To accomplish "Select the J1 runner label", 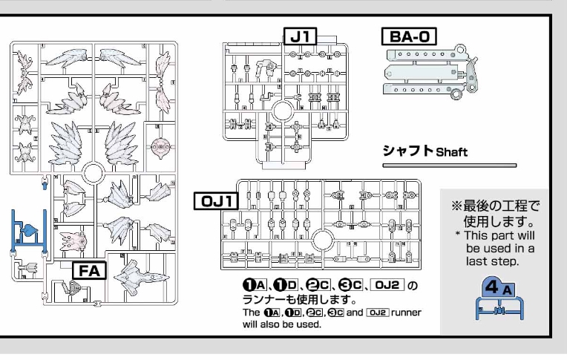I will click(x=305, y=35).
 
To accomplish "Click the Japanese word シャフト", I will click(x=408, y=150).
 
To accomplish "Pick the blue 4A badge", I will click(x=489, y=285).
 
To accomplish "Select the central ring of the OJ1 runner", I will click(x=324, y=239).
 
